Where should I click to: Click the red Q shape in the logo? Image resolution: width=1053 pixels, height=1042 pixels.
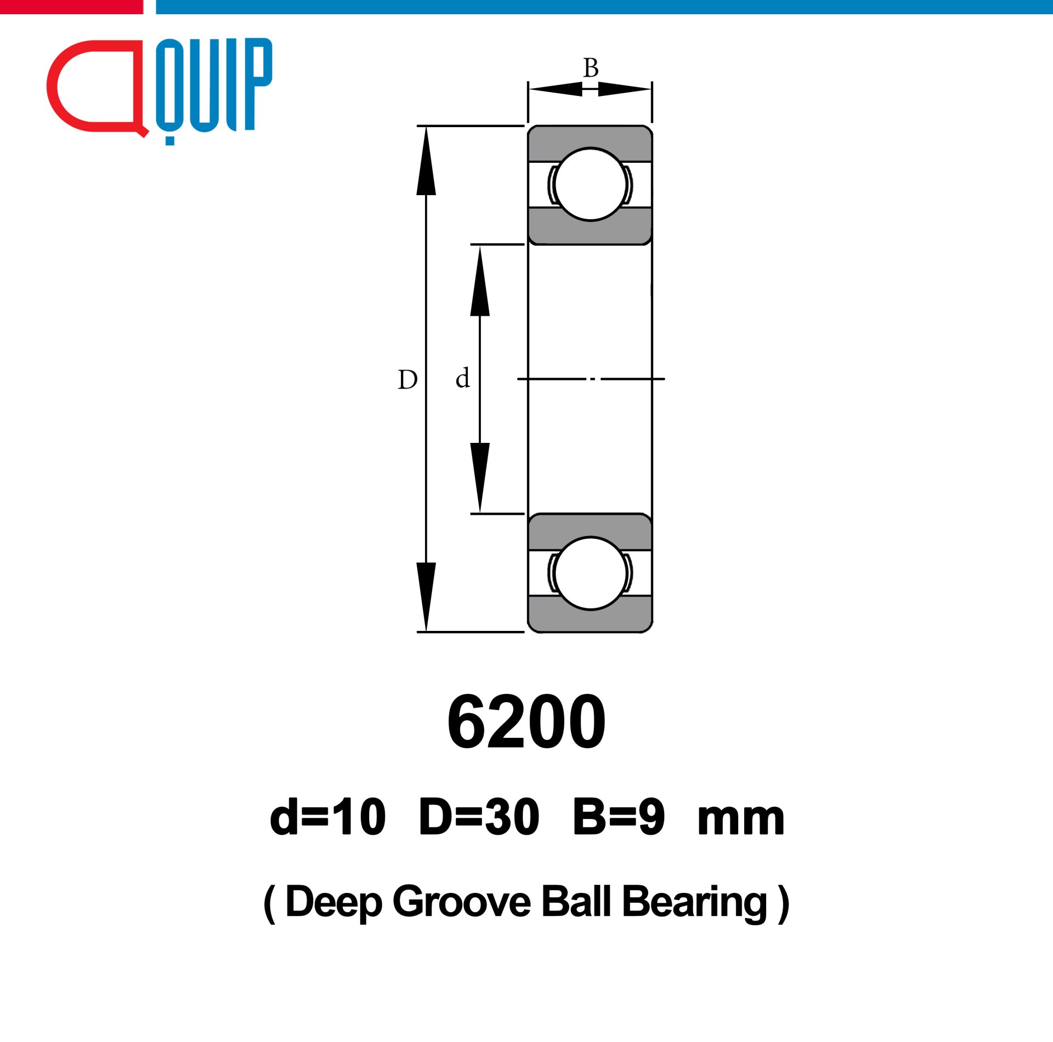tap(55, 88)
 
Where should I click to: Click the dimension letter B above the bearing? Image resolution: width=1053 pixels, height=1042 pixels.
tap(591, 68)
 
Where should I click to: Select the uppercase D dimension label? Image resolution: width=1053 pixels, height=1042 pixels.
tap(407, 380)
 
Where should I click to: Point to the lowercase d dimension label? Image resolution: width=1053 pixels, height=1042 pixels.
tap(463, 378)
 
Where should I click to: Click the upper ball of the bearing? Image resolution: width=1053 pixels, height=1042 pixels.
tap(590, 185)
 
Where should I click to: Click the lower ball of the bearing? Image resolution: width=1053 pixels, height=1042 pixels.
tap(590, 573)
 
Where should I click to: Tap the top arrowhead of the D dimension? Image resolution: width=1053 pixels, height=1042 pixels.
tap(426, 161)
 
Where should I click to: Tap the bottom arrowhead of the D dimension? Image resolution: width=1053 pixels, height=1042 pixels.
tap(426, 597)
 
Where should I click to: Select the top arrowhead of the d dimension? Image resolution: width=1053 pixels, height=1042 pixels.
tap(480, 281)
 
